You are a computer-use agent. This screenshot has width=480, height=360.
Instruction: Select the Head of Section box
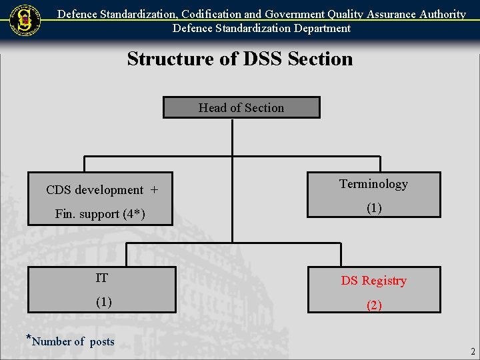point(241,107)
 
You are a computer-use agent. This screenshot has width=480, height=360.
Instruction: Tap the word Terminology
point(373,184)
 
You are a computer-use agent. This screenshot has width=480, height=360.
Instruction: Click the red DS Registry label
point(373,281)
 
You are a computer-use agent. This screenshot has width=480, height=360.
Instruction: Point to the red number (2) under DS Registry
point(374,305)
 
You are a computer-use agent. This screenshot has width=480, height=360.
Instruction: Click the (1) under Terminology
point(374,208)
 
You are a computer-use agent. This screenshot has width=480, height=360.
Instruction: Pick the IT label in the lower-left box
point(102,278)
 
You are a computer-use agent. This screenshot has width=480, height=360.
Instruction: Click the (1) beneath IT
point(103,302)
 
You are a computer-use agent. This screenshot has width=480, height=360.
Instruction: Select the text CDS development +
point(102,190)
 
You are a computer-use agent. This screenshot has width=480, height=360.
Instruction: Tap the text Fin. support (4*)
point(100,214)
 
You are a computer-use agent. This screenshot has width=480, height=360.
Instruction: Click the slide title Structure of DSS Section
point(240,59)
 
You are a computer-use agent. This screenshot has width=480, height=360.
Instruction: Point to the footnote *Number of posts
point(71,341)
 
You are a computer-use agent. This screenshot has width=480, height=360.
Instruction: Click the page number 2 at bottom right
point(473,351)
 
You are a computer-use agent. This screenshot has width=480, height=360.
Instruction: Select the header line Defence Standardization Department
point(261,28)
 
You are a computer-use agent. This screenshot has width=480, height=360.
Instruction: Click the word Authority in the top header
point(442,14)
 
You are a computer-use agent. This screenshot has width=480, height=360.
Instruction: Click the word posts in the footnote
point(102,342)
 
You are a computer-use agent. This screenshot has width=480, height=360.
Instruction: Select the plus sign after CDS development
point(154,190)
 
